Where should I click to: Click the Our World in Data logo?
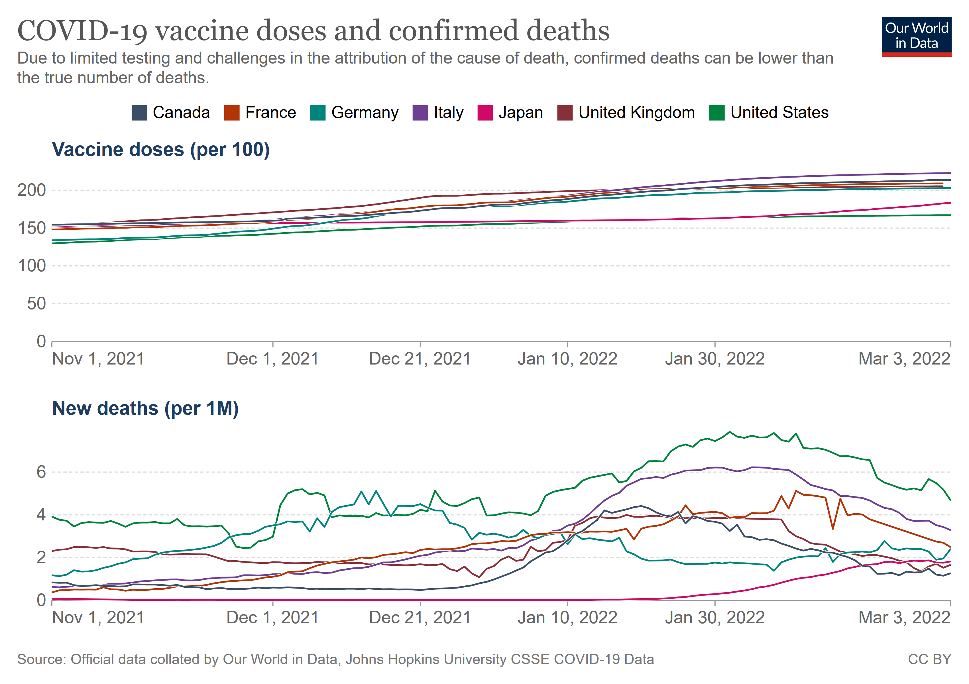(916, 36)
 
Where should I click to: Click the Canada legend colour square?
(139, 113)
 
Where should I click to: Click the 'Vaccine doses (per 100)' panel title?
(161, 150)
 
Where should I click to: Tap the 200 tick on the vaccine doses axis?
(32, 190)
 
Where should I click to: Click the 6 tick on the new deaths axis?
(41, 472)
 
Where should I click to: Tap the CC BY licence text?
(929, 659)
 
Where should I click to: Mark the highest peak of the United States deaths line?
(730, 432)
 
